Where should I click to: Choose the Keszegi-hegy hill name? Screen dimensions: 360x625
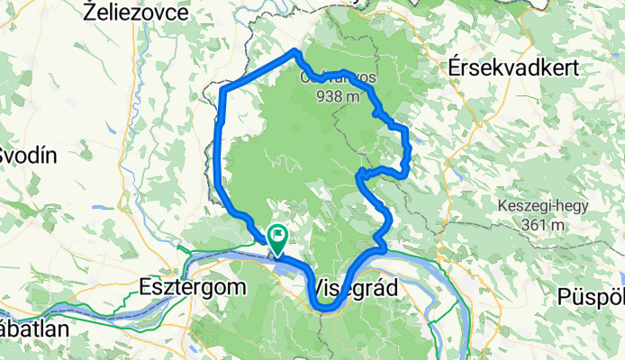click(x=542, y=205)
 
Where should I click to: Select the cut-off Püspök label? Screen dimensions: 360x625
click(x=591, y=295)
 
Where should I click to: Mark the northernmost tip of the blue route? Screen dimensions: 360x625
click(x=294, y=51)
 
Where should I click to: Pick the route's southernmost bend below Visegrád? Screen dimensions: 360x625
click(x=328, y=309)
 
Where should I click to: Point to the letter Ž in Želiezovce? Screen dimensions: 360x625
click(x=88, y=12)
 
